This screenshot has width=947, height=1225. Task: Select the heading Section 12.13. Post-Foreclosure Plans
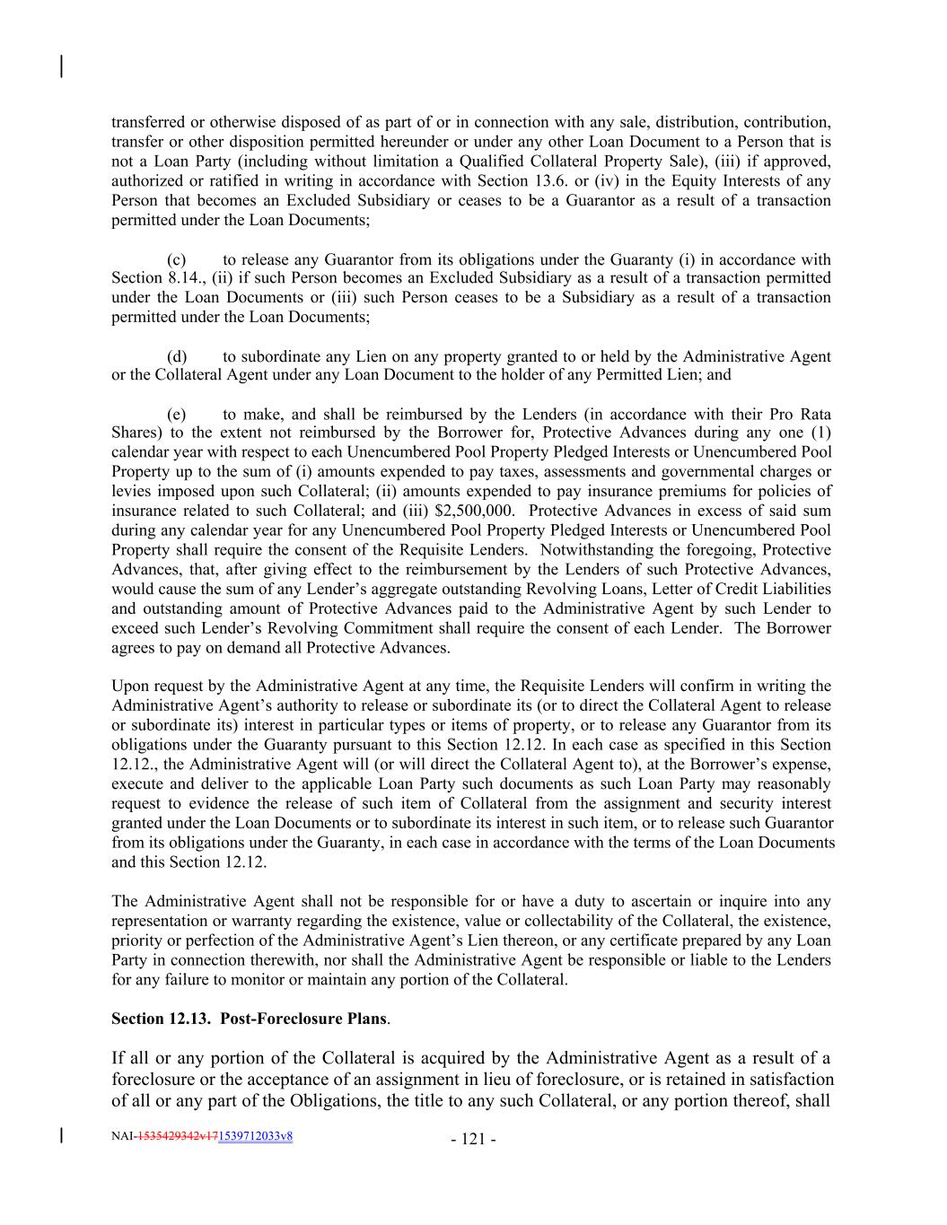250,1019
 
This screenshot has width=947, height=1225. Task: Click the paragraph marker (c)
177,258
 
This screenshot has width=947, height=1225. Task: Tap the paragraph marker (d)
177,356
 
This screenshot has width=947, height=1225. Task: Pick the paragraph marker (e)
177,414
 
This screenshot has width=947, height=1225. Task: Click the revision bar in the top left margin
61,66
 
